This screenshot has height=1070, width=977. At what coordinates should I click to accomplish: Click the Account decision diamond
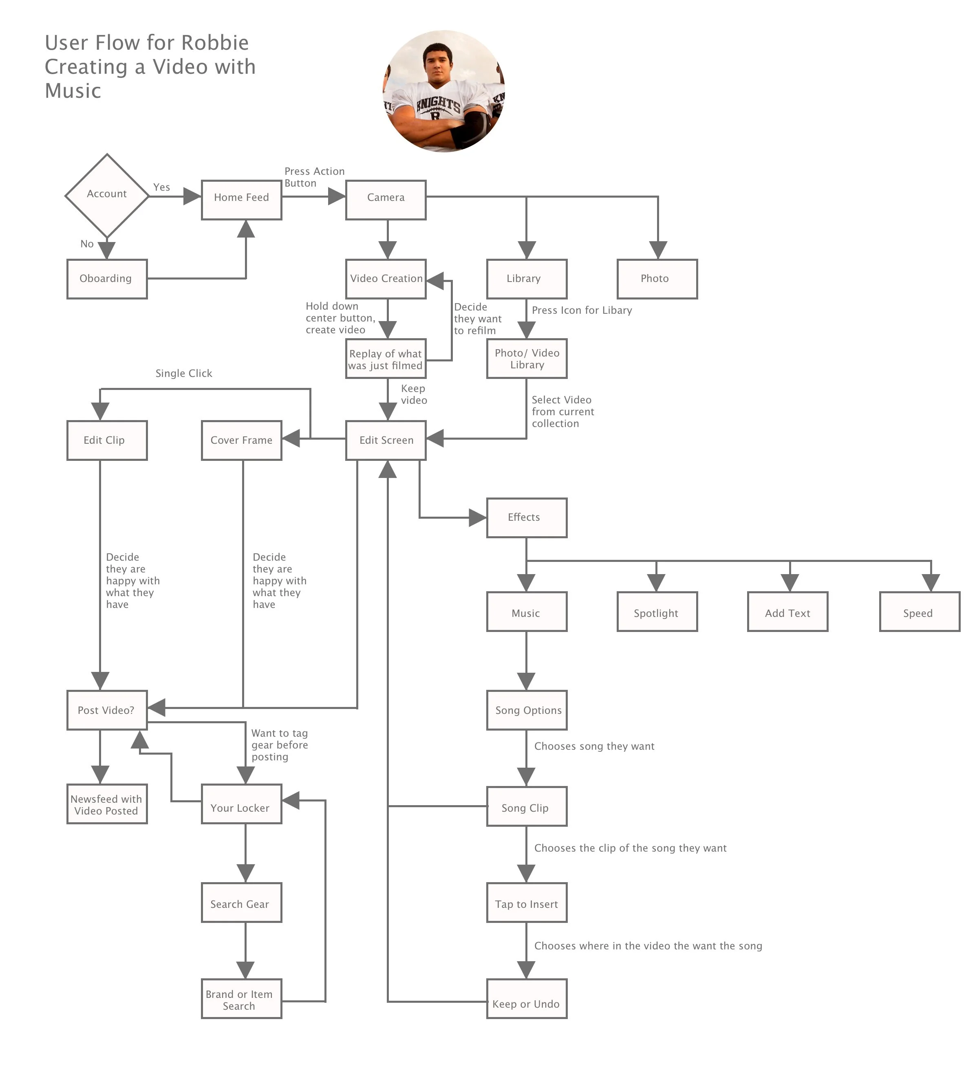107,195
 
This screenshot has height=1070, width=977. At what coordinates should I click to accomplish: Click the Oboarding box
107,279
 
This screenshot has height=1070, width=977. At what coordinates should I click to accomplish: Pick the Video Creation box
386,279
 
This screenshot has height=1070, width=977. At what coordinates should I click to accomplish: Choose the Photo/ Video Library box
527,358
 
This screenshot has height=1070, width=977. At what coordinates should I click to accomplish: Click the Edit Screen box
386,440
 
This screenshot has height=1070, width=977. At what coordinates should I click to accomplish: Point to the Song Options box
527,710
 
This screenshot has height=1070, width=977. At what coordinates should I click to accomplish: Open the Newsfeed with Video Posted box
107,804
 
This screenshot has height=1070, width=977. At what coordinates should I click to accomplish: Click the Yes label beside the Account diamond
161,187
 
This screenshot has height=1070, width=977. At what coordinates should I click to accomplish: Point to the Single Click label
184,373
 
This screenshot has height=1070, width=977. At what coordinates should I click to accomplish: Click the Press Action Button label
314,177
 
